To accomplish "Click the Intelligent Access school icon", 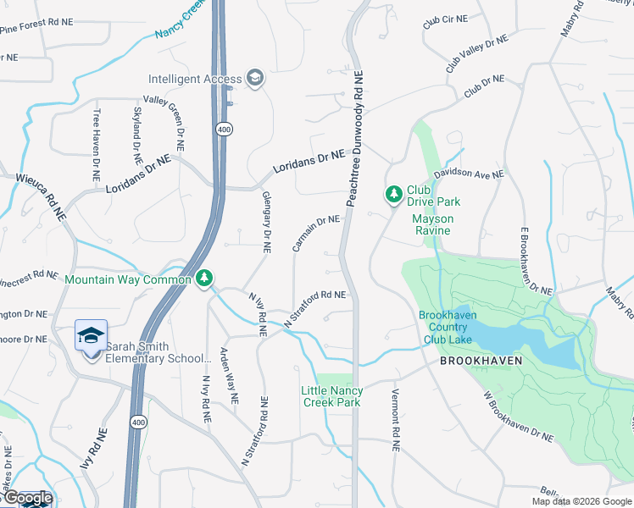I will tap(254, 80).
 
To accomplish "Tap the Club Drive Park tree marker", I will tap(393, 195).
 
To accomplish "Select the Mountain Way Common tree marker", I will tap(203, 279).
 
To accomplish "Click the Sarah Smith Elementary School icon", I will tap(91, 338).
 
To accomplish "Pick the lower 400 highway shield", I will tap(136, 421).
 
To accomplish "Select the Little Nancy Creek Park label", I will tap(332, 395).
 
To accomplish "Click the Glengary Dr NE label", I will tap(265, 222).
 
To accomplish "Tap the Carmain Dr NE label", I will tap(316, 234).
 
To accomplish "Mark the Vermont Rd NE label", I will tap(395, 420).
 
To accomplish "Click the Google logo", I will tap(27, 499).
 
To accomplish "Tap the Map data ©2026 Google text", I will tap(581, 501).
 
